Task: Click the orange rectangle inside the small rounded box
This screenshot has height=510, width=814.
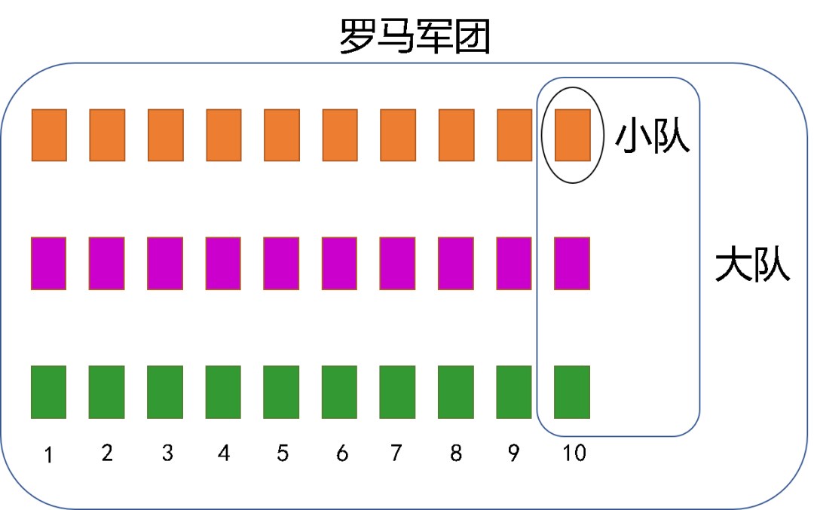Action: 572,135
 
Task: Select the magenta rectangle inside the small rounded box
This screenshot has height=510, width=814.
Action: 572,264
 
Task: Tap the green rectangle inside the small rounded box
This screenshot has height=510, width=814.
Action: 572,392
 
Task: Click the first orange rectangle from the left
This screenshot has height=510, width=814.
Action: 49,135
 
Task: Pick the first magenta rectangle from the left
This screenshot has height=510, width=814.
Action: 48,264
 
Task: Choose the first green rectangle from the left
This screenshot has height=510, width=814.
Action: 48,392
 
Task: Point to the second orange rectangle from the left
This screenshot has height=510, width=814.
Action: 107,135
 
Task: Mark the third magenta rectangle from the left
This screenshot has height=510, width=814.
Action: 165,264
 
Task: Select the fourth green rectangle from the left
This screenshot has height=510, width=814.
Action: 223,392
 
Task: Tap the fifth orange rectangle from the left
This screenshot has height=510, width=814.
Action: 282,135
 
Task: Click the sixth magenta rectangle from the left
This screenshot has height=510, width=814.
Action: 339,264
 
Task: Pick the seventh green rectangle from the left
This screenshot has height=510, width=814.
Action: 397,392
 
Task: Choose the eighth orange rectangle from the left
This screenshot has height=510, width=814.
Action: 456,135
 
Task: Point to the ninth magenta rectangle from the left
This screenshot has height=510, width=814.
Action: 514,264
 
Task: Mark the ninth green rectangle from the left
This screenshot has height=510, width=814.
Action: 514,392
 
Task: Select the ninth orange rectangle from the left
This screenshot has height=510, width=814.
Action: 515,135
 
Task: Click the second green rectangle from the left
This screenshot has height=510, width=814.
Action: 106,392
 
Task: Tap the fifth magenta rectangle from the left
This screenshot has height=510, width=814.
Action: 281,264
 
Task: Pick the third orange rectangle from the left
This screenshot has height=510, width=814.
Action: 165,135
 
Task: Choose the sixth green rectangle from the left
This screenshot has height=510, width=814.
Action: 339,392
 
